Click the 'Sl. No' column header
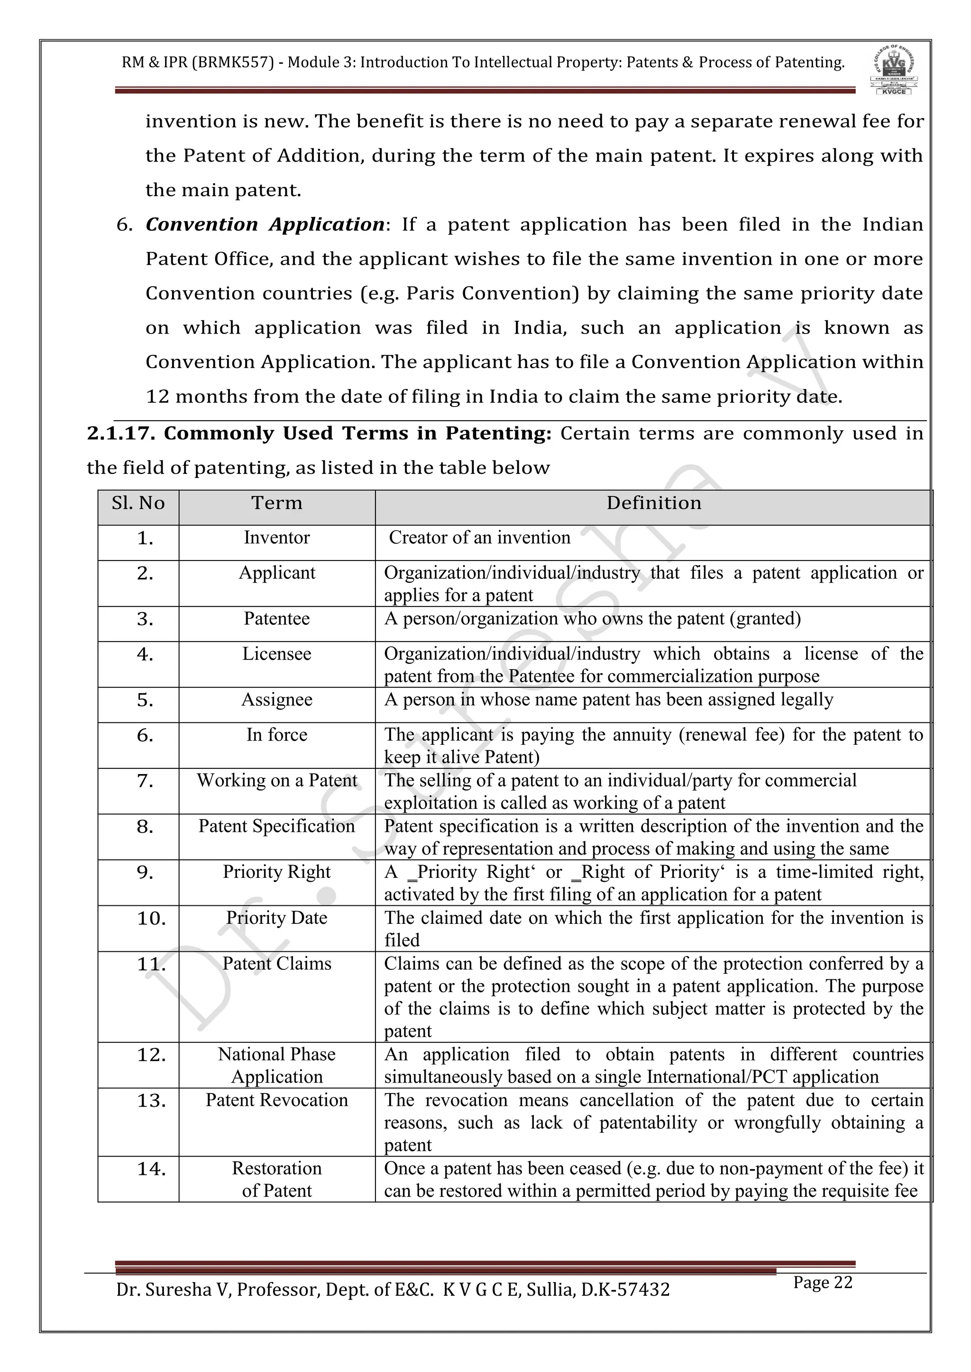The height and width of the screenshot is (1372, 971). tap(138, 503)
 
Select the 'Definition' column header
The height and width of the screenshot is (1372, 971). tap(653, 503)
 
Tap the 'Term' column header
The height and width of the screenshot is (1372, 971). tap(277, 503)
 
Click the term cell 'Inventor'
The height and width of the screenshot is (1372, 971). tap(277, 538)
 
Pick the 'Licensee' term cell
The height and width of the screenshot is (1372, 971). tap(277, 654)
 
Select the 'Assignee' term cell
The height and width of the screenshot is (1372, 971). tap(277, 700)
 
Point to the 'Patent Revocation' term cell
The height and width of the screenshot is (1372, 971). tap(277, 1100)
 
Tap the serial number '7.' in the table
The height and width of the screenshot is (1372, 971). tap(145, 781)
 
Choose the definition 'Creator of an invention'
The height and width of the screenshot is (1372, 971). tap(479, 538)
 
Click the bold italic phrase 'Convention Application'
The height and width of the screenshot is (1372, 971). tap(265, 225)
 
